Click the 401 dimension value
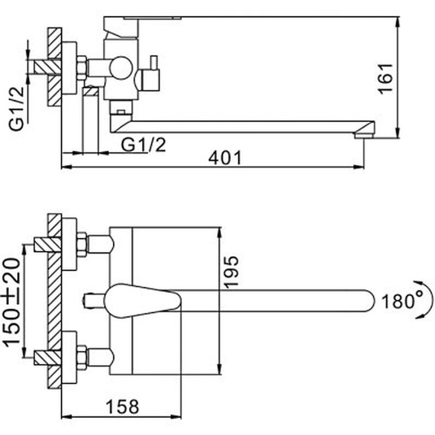(x=224, y=158)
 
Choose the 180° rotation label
(x=401, y=301)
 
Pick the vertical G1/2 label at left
(x=18, y=110)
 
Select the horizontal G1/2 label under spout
(x=143, y=144)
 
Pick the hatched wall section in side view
(x=55, y=66)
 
